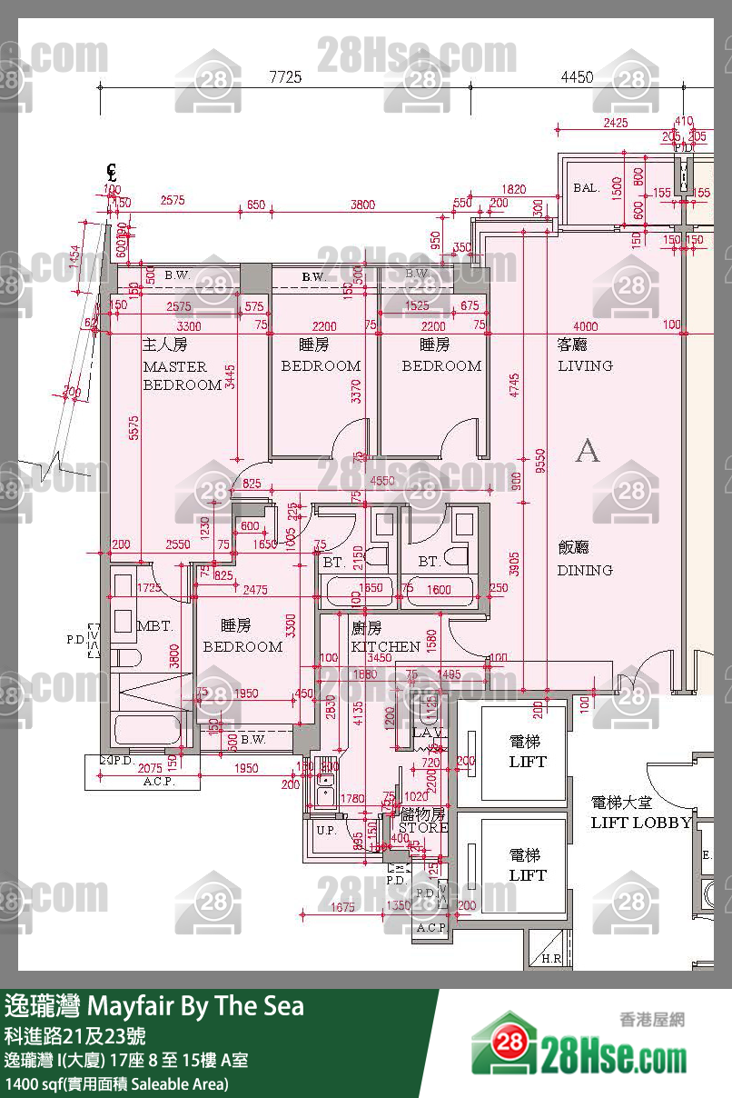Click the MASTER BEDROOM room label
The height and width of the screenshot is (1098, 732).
[182, 375]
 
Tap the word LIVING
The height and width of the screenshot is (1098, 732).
[585, 365]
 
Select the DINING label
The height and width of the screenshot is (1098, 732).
[585, 570]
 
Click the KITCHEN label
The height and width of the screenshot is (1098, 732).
[385, 646]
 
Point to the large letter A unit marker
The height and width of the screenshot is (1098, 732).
[588, 451]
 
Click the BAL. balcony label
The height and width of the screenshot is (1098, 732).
[586, 188]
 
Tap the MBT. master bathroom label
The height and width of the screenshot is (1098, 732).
[154, 627]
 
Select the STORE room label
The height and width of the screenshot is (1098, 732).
[423, 828]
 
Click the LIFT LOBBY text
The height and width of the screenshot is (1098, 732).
[640, 823]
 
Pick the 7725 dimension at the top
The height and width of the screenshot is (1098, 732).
[285, 78]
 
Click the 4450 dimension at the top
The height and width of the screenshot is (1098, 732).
[577, 78]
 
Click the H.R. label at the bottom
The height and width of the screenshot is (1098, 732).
[550, 959]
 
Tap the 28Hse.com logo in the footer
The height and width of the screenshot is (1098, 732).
[581, 1045]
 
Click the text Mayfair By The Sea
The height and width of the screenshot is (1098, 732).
[194, 1006]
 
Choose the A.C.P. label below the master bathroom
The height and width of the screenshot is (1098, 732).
[157, 782]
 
